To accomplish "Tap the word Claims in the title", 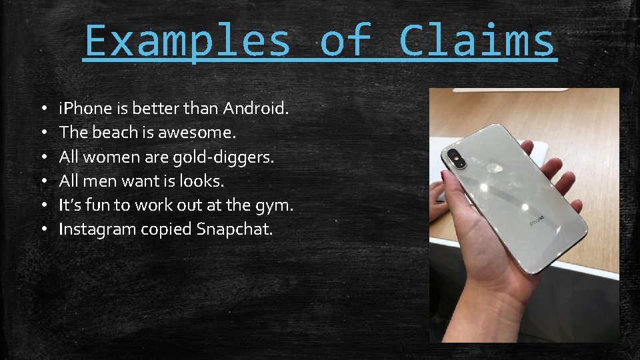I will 477,41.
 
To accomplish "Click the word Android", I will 256,108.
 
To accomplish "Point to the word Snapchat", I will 235,230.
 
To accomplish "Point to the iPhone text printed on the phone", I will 537,218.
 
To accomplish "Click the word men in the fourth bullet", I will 99,181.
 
